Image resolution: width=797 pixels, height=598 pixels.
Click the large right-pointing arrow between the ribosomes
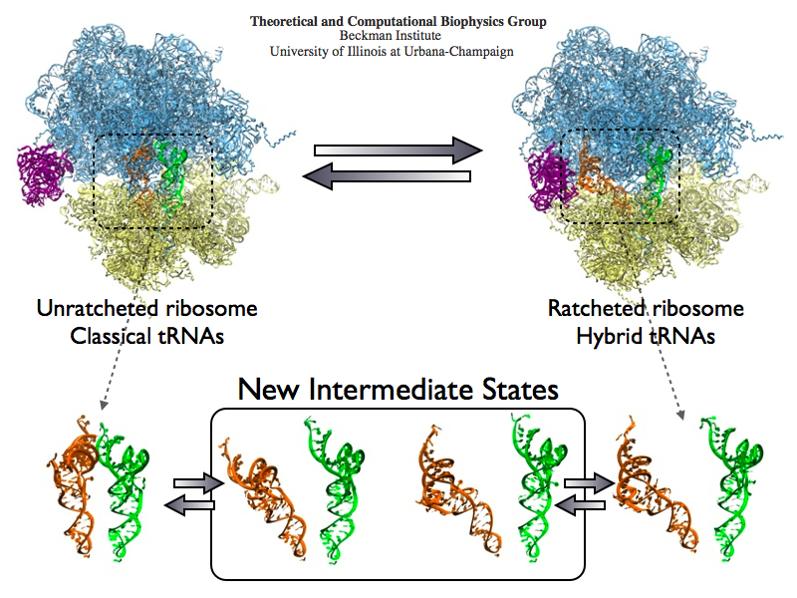click(398, 150)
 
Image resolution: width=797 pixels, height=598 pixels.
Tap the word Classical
click(112, 336)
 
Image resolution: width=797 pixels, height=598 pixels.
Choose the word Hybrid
click(606, 336)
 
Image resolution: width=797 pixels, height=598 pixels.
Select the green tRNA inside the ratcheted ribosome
click(656, 169)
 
